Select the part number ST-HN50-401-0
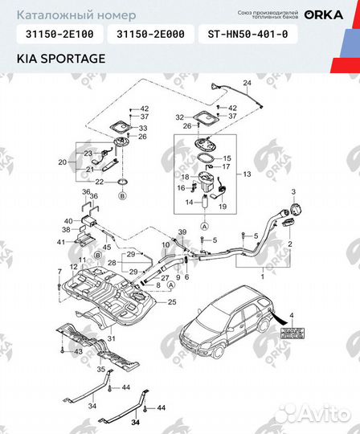(x=252, y=35)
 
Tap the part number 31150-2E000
(x=151, y=35)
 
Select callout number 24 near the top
(x=247, y=84)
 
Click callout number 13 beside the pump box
(x=247, y=174)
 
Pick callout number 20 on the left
(x=62, y=162)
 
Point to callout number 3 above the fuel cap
(x=293, y=192)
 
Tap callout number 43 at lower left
(x=77, y=352)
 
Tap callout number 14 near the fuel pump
(x=190, y=203)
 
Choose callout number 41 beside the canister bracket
(x=59, y=241)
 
